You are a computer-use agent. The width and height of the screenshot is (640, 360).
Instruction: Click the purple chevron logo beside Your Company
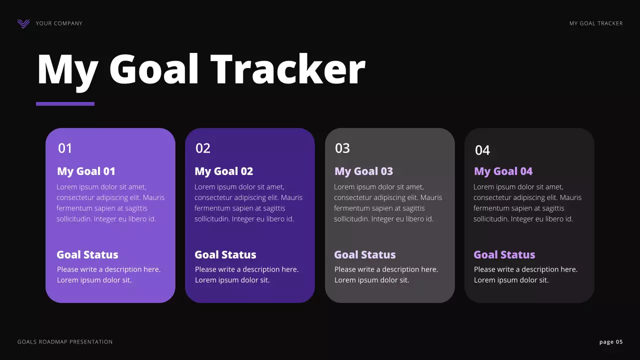pyautogui.click(x=23, y=23)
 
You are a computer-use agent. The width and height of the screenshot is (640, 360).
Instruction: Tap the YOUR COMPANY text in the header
pyautogui.click(x=59, y=23)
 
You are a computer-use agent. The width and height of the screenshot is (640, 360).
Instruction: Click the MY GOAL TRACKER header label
pyautogui.click(x=596, y=23)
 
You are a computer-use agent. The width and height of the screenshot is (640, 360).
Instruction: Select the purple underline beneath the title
pyautogui.click(x=65, y=104)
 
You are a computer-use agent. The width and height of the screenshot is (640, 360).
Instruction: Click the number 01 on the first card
pyautogui.click(x=65, y=148)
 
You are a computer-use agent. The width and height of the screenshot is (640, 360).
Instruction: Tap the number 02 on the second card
pyautogui.click(x=203, y=148)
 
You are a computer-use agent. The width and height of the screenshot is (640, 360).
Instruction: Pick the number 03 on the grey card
pyautogui.click(x=342, y=148)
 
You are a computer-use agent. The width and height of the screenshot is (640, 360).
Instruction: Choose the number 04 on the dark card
pyautogui.click(x=482, y=150)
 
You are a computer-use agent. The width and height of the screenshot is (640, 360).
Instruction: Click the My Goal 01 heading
pyautogui.click(x=86, y=171)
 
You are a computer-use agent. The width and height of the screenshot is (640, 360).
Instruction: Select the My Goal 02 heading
pyautogui.click(x=224, y=171)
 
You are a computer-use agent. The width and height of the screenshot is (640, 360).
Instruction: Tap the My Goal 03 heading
pyautogui.click(x=363, y=171)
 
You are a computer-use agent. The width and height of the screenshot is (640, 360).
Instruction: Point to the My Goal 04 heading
pyautogui.click(x=503, y=171)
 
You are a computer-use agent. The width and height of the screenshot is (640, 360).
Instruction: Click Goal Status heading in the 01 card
pyautogui.click(x=87, y=255)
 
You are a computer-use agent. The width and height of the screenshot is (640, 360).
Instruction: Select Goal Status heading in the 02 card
pyautogui.click(x=225, y=255)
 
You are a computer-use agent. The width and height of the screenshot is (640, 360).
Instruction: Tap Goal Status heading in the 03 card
pyautogui.click(x=365, y=255)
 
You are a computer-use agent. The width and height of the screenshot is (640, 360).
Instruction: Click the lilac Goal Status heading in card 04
pyautogui.click(x=504, y=255)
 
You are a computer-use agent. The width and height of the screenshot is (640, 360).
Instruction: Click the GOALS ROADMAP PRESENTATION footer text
pyautogui.click(x=65, y=342)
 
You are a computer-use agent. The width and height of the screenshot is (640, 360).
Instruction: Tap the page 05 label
pyautogui.click(x=611, y=342)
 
